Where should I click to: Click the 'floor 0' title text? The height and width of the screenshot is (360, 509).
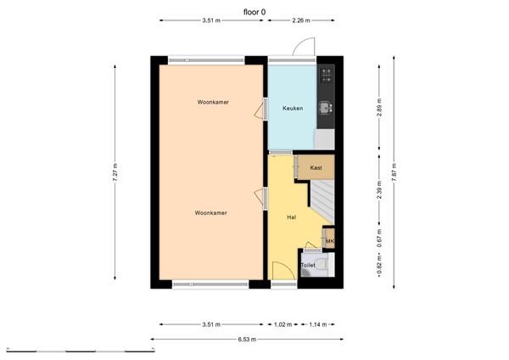[x=254, y=12]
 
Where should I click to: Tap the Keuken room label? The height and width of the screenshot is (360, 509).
[x=293, y=109]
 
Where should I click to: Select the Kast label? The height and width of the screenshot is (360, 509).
[x=316, y=168]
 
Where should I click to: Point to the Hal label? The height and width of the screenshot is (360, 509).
[x=291, y=217]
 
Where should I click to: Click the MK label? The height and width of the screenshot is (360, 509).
[x=330, y=241]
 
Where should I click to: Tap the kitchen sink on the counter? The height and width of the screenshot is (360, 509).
[x=326, y=108]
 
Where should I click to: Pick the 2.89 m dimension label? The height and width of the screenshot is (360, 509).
[x=379, y=106]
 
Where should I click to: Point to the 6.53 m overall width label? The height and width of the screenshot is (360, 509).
[x=246, y=340]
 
